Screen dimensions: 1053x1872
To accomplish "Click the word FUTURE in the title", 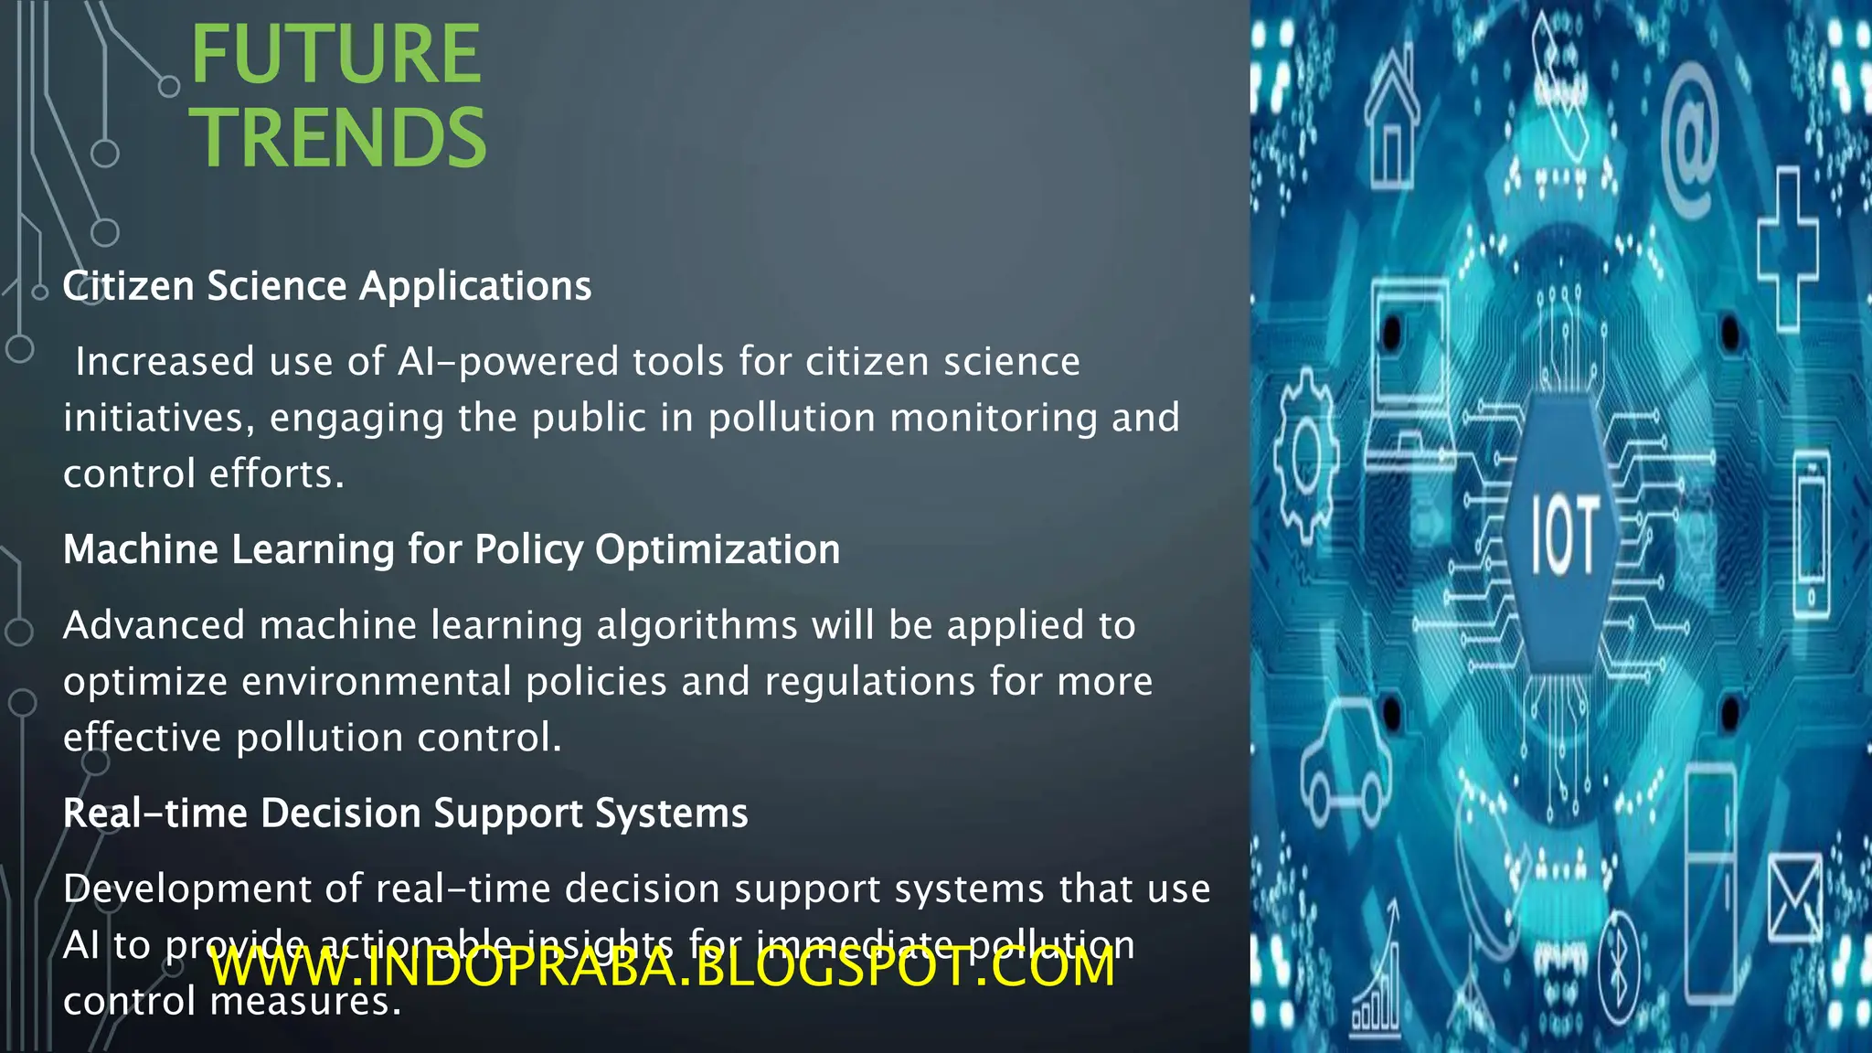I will coord(335,55).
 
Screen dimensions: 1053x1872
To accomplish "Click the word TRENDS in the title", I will coord(338,138).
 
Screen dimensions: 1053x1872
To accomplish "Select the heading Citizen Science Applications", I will coord(327,286).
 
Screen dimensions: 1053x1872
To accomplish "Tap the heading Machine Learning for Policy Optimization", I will coord(452,549).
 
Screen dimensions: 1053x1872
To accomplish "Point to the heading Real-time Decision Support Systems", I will coord(406,813).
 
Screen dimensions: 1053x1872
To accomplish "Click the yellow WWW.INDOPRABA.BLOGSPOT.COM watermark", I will coord(663,967).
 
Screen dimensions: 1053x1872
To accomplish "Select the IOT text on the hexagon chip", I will coord(1564,535).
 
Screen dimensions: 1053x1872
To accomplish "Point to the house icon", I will coord(1391,119).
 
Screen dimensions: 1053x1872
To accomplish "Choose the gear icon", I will coord(1306,454).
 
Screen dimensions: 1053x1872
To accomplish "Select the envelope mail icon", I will coord(1794,898).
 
